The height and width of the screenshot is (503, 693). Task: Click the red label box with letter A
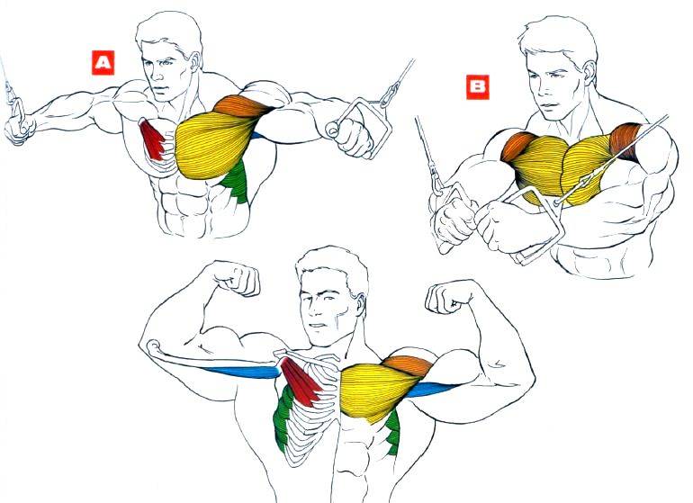[x=103, y=63]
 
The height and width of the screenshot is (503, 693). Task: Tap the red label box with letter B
[x=478, y=86]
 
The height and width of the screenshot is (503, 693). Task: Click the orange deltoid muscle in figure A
[x=242, y=106]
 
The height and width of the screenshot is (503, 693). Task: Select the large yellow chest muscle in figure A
[x=214, y=145]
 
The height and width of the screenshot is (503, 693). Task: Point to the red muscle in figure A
[x=152, y=139]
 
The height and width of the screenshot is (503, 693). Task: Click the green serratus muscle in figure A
[x=236, y=181]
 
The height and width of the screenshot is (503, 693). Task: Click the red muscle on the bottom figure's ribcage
[x=301, y=381]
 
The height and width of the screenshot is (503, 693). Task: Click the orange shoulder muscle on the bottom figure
[x=408, y=365]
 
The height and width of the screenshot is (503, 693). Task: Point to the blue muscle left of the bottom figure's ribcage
[x=242, y=373]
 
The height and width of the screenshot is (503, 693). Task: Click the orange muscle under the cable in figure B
[x=625, y=139]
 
